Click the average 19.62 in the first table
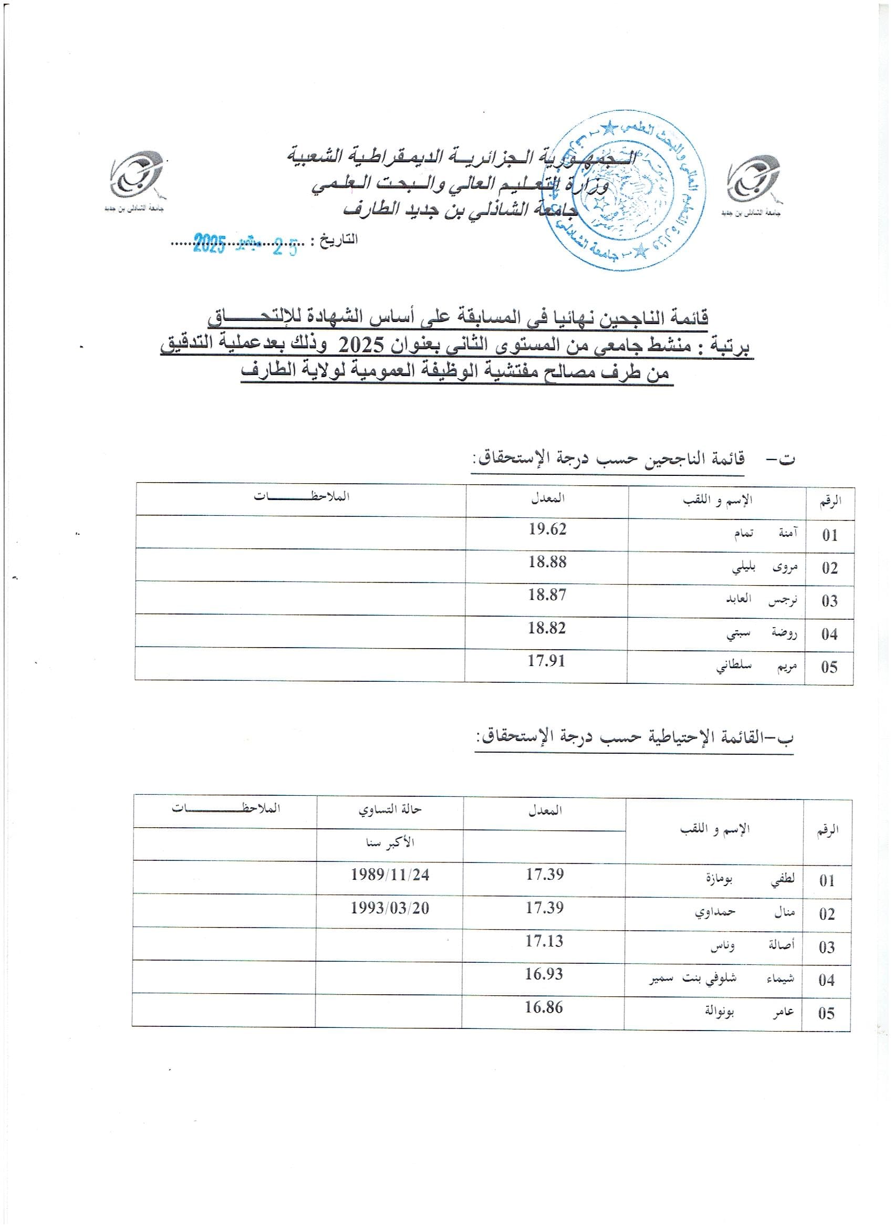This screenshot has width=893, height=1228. click(547, 529)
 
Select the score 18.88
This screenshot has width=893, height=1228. click(547, 562)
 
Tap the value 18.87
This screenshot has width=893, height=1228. click(547, 595)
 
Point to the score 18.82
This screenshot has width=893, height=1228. click(547, 628)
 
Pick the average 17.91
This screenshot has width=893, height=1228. click(547, 661)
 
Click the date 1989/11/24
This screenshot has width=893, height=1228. click(389, 875)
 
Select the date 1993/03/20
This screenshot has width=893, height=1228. click(389, 908)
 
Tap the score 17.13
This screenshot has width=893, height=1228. click(544, 941)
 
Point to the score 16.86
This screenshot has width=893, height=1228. click(544, 1007)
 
